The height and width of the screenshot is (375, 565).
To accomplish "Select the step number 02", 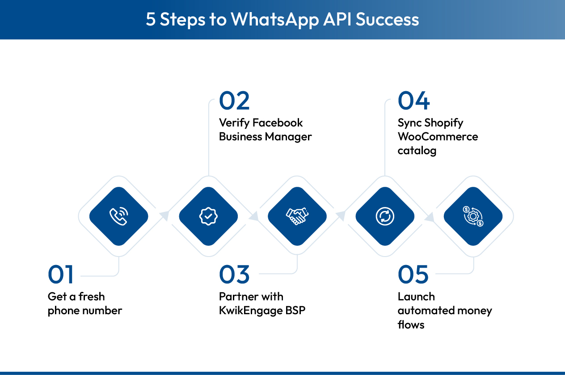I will click(234, 101).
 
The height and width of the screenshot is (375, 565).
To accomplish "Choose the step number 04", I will click(413, 101).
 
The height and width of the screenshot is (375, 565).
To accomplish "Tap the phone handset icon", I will click(118, 216).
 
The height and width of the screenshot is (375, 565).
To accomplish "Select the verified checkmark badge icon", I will click(208, 216).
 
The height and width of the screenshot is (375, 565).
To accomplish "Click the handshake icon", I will click(297, 216).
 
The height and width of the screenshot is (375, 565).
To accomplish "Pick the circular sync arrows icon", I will click(385, 216).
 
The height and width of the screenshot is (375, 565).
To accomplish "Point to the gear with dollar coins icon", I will click(473, 216).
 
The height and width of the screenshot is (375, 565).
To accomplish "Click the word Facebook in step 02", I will click(278, 123).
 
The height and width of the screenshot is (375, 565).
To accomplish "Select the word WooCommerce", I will click(438, 137).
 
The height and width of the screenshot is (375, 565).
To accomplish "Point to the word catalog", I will click(417, 151).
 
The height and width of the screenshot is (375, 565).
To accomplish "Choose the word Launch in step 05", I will click(416, 297).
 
